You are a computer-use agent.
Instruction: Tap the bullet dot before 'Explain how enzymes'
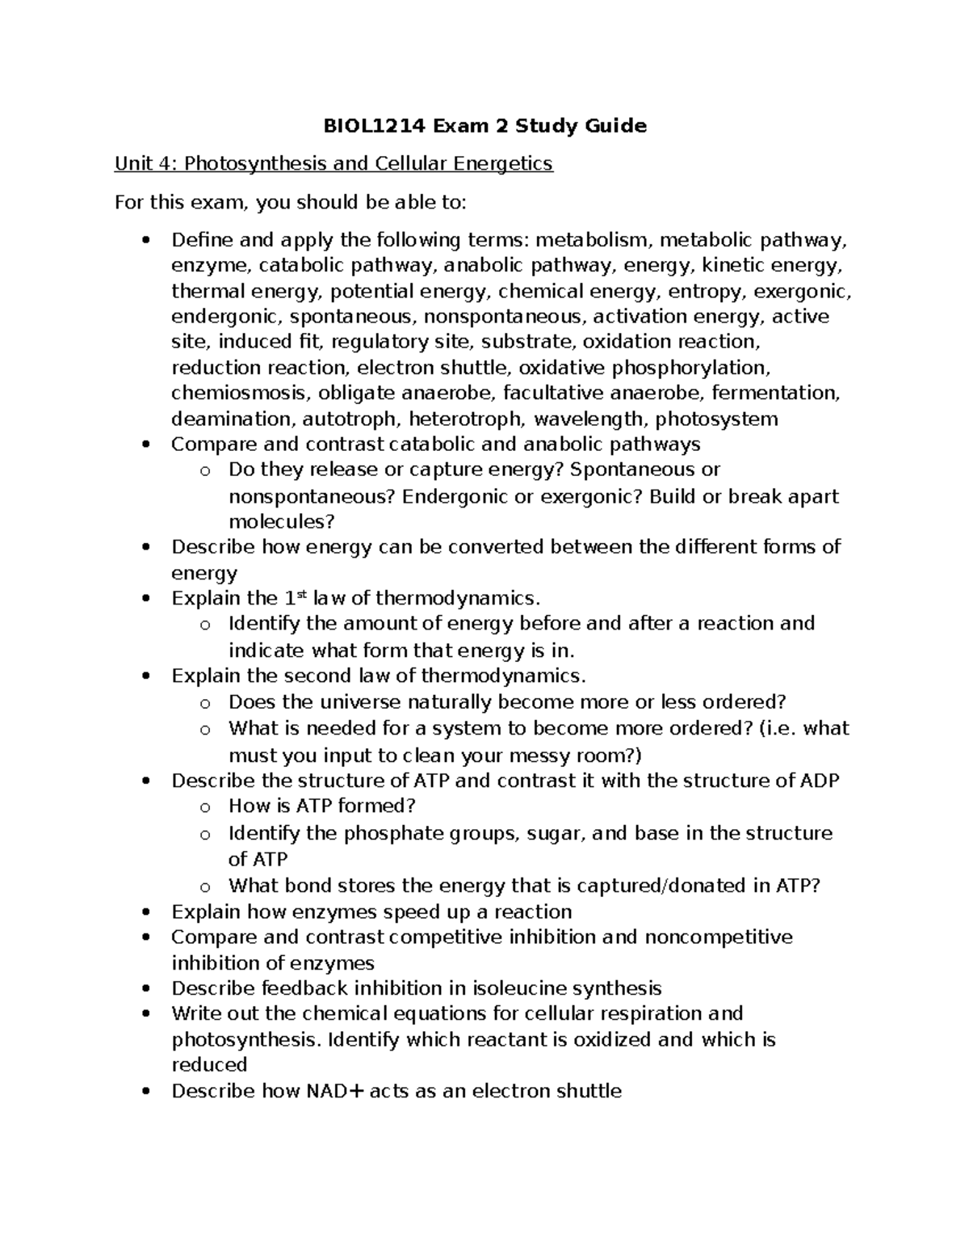(x=145, y=912)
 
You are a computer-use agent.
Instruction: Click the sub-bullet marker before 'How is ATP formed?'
(x=205, y=807)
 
